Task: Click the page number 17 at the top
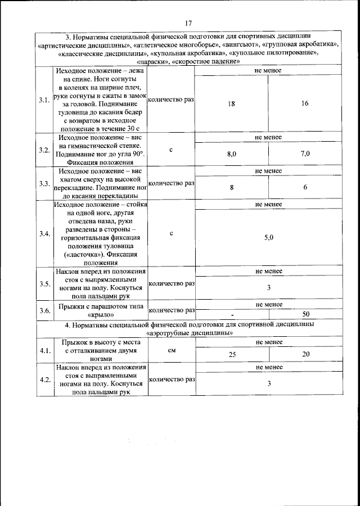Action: point(188,22)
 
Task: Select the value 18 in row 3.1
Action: point(232,104)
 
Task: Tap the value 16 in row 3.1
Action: point(305,104)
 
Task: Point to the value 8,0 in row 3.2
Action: point(232,153)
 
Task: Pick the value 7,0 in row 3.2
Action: point(305,153)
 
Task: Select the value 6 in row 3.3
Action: point(305,188)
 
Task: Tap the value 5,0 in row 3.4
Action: point(268,238)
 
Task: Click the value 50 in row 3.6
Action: point(306,314)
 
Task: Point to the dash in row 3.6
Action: point(232,314)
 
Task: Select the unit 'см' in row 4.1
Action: point(171,350)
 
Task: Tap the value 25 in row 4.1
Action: point(232,354)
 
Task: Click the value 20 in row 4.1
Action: point(305,354)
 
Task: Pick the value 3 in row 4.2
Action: point(268,383)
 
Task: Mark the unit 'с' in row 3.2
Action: point(171,150)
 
